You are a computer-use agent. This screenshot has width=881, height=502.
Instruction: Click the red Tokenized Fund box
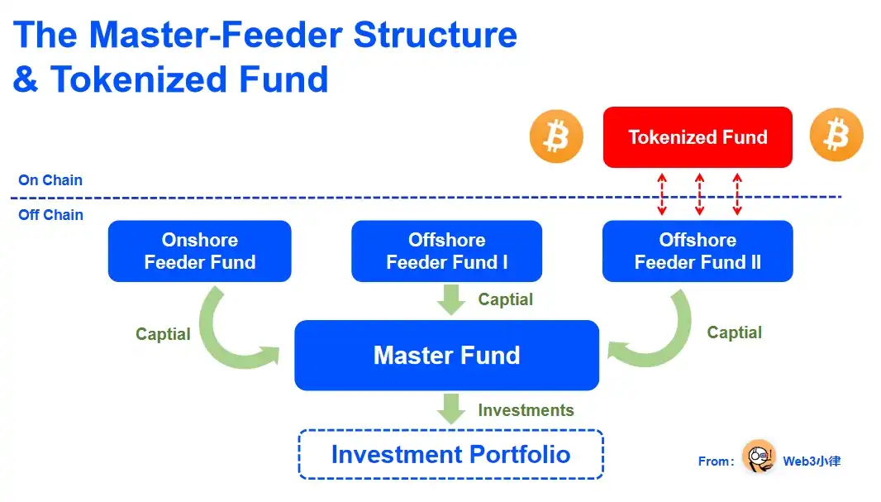tap(698, 137)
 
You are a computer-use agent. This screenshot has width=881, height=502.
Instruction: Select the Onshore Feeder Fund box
tap(200, 251)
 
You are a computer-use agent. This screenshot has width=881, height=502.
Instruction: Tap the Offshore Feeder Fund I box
tap(446, 251)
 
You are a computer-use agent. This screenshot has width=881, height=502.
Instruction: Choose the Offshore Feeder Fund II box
tap(698, 251)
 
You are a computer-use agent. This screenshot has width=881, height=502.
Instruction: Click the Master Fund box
tap(446, 356)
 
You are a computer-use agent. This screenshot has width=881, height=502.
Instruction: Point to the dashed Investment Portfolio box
tap(450, 454)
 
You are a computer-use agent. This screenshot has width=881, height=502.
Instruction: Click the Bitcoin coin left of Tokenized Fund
tap(556, 136)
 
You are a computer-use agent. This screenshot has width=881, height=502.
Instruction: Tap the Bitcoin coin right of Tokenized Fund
tap(836, 135)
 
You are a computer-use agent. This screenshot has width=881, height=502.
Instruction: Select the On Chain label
tap(50, 180)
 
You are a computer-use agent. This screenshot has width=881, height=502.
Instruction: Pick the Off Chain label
tap(50, 215)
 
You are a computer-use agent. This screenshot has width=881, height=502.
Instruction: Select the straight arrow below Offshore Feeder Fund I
tap(451, 299)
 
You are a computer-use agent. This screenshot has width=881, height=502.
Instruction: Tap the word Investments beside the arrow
tap(526, 410)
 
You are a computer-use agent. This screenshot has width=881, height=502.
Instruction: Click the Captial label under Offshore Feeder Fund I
tap(506, 299)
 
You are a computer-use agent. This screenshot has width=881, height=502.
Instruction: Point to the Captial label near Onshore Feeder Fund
tap(163, 334)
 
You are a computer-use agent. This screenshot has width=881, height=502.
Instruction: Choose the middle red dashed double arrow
tap(699, 194)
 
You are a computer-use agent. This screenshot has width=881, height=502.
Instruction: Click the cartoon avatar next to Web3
tap(758, 457)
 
